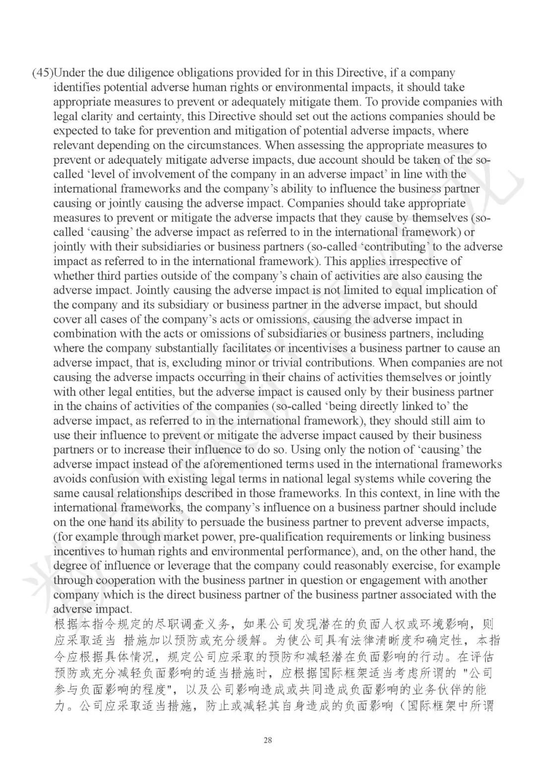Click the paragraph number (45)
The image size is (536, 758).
tap(42, 73)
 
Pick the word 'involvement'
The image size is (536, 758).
tap(157, 174)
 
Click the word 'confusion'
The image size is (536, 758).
tap(112, 479)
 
